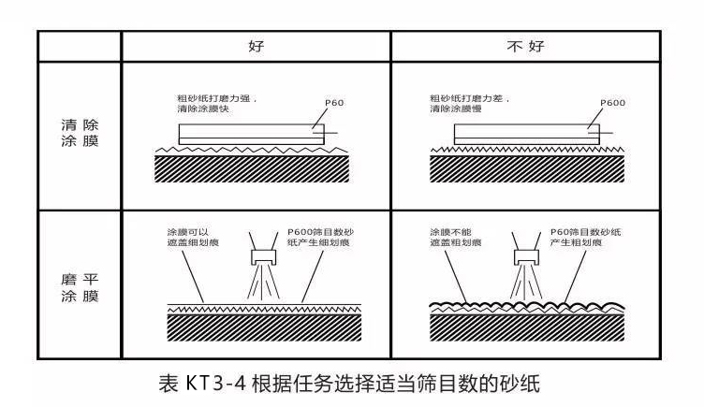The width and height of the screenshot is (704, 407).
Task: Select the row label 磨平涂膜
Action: (79, 286)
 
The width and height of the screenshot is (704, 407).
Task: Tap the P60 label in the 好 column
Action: (335, 101)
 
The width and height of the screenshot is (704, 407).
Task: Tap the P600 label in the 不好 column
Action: (612, 101)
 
